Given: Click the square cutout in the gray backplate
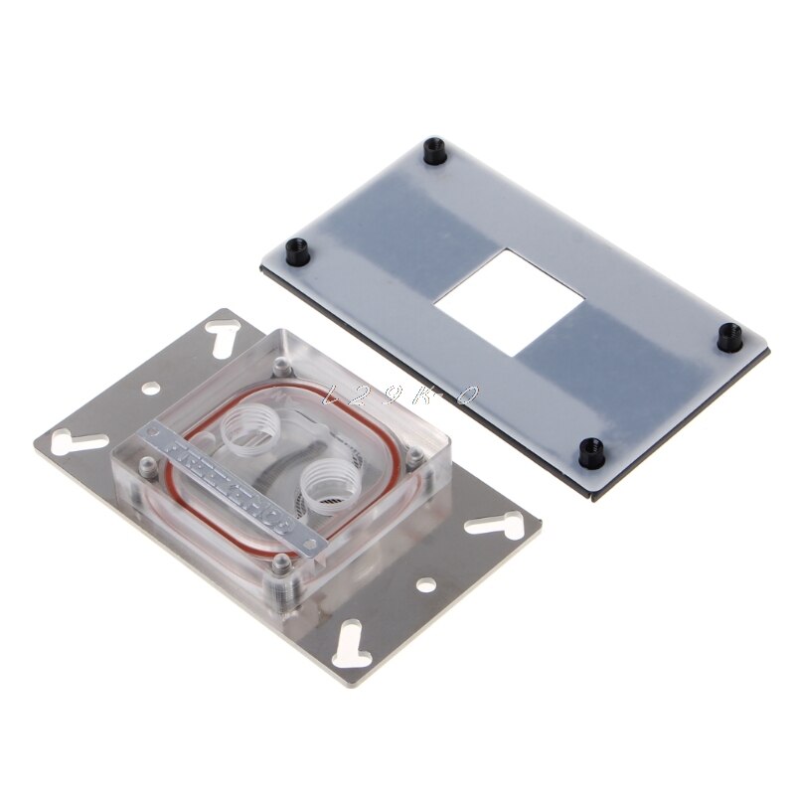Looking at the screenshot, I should pyautogui.click(x=509, y=301).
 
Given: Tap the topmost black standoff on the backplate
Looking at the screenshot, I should pyautogui.click(x=432, y=152).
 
